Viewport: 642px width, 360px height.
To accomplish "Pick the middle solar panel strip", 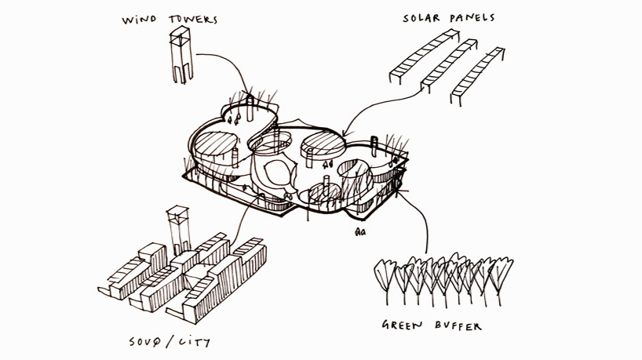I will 451,64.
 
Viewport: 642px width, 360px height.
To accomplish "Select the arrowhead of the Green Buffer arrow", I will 401,187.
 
